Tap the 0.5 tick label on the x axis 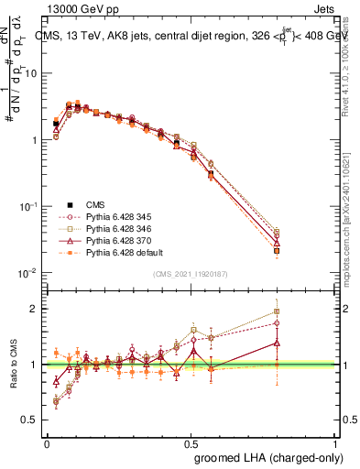coord(191,442)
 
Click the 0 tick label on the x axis coord(47,442)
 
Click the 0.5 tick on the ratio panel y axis coord(31,420)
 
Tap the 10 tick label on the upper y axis coord(31,73)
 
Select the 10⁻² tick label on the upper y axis coord(29,273)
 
